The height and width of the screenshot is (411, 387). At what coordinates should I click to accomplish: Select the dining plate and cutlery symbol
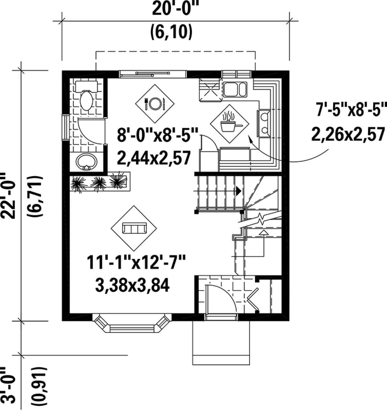click(154, 103)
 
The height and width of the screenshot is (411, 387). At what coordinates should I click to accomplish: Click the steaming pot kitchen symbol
click(229, 122)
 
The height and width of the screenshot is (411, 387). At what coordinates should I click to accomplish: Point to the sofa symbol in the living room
click(134, 229)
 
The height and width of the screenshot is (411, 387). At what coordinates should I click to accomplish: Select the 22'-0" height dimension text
click(9, 196)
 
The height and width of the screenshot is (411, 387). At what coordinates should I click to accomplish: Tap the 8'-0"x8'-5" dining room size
click(157, 137)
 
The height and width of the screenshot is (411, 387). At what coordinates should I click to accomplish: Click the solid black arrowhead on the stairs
click(238, 191)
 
